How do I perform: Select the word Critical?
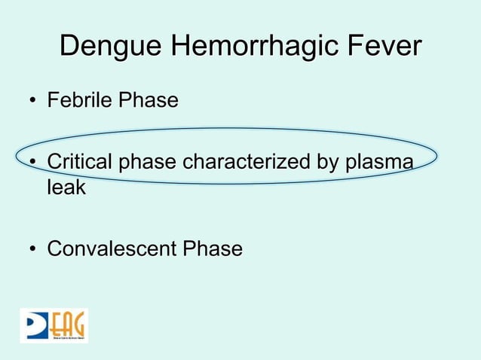point(78,162)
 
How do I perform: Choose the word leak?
point(66,188)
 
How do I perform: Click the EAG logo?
point(54,325)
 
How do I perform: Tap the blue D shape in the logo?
point(34,324)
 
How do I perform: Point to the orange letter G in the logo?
point(78,324)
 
